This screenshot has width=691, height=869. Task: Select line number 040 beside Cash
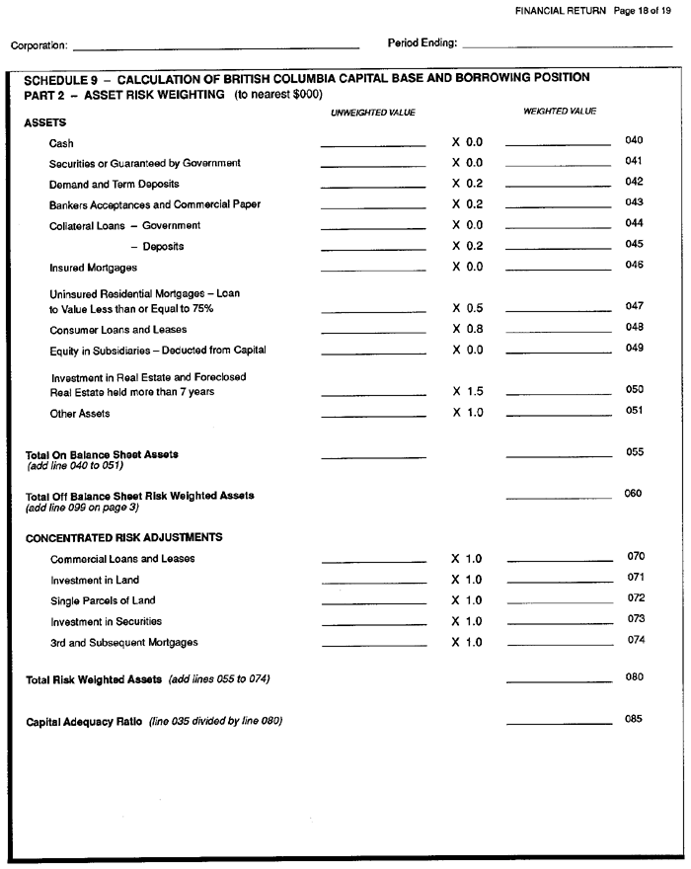tap(634, 141)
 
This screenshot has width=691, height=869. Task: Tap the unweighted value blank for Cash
tap(373, 146)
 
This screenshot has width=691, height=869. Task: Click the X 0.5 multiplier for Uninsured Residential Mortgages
tap(468, 308)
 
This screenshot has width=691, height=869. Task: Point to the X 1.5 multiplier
tap(468, 391)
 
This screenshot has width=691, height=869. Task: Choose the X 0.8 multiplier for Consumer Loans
tap(468, 329)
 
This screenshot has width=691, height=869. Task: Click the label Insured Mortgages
tap(93, 268)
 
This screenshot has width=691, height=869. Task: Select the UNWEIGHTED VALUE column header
tap(373, 113)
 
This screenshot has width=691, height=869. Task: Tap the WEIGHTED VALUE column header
tap(560, 112)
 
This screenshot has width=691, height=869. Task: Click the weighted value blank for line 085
tap(559, 724)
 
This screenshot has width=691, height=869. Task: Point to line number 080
tap(634, 677)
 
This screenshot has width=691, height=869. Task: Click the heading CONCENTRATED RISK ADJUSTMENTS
tap(123, 537)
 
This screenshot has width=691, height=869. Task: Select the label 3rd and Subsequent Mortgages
tap(123, 642)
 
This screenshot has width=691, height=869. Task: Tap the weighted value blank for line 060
tap(558, 498)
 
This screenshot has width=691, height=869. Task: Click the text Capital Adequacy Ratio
tap(85, 721)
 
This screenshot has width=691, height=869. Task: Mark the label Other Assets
tap(79, 414)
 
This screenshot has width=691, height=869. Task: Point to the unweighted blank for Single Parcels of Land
tap(374, 604)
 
